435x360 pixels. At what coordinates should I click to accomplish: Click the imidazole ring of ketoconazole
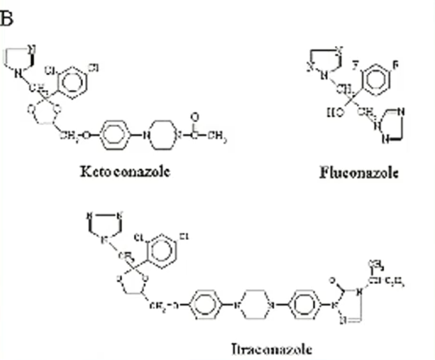(x=20, y=58)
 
